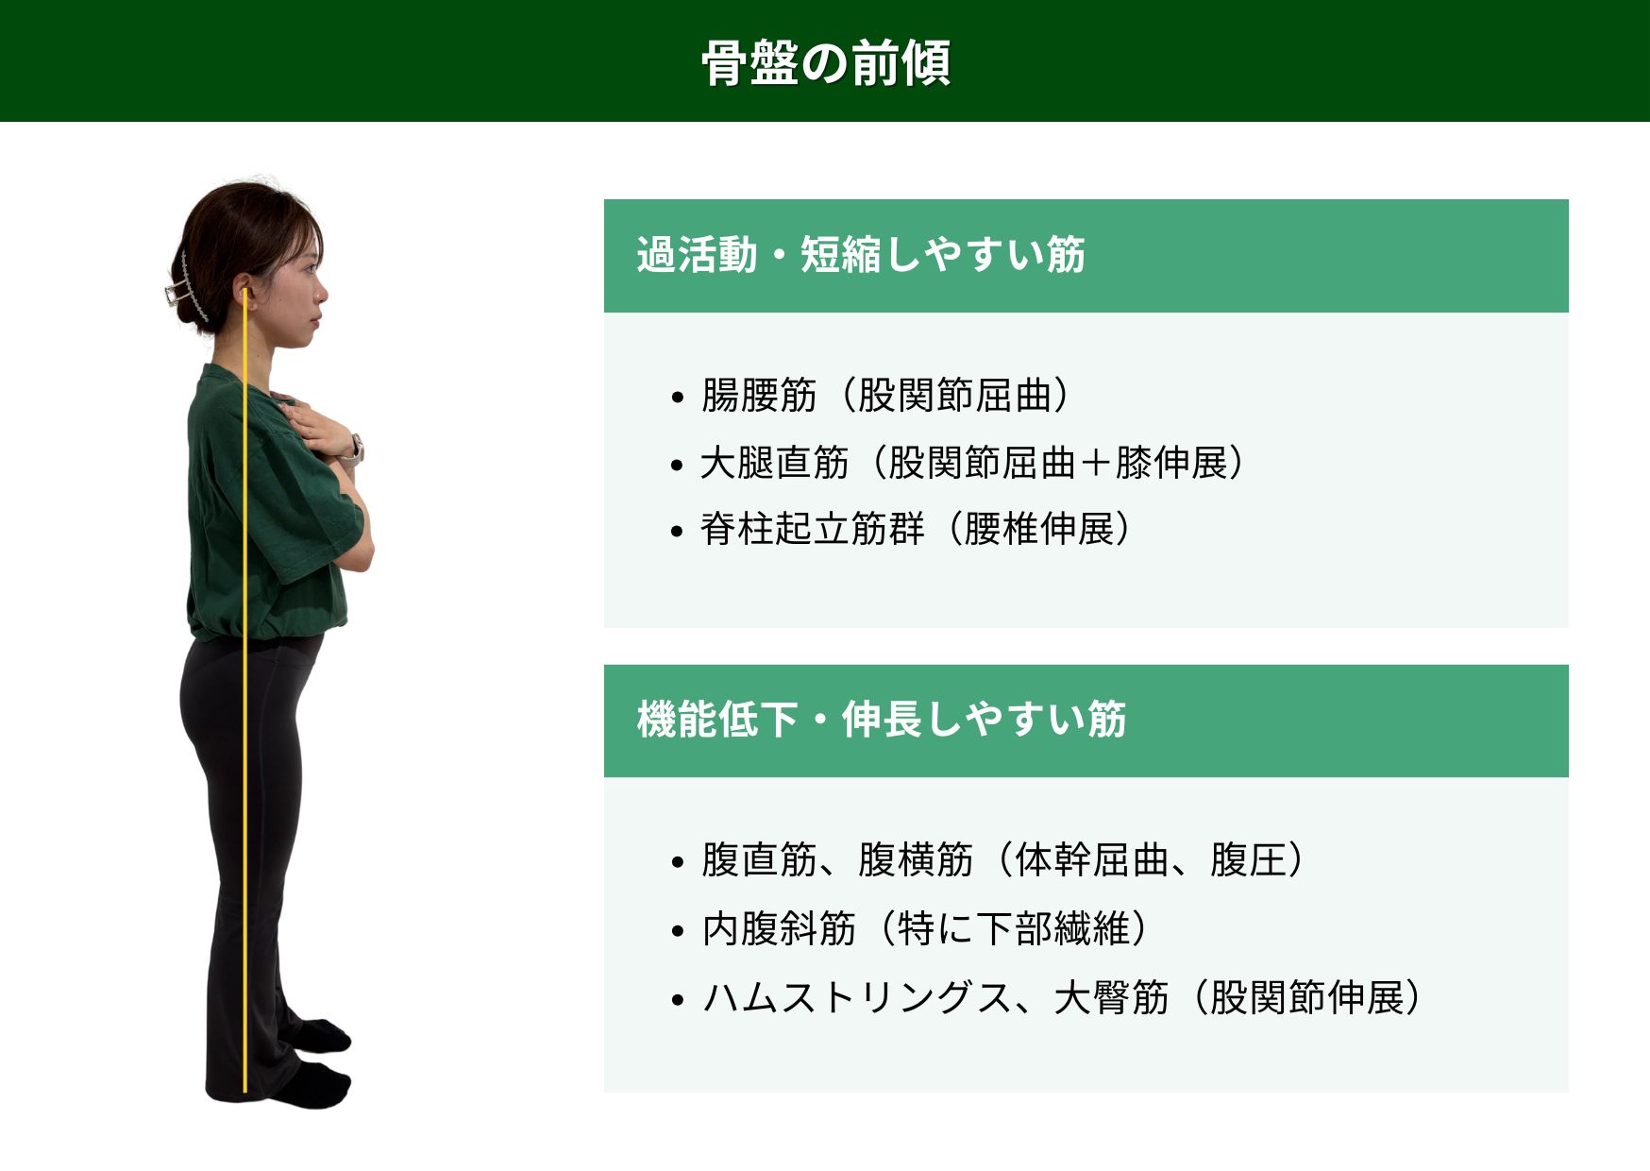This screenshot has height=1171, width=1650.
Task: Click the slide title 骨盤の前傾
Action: point(826,63)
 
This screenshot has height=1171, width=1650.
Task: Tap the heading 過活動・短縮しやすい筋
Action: point(861,255)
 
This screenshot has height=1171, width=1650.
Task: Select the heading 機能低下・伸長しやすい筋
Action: point(882,720)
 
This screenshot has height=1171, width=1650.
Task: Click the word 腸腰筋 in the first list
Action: point(759,396)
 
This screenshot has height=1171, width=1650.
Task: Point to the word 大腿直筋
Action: point(775,463)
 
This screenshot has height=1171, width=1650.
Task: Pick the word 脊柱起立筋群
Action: point(813,529)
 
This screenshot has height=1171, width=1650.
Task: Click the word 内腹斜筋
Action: point(779,928)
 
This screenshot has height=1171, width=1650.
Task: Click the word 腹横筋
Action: point(916,860)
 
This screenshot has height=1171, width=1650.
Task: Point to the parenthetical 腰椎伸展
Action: point(1039,529)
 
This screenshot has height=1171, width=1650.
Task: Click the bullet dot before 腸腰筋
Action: point(677,399)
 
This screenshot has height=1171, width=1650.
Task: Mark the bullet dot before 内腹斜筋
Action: point(677,931)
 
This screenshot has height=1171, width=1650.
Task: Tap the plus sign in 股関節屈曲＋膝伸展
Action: point(1095,464)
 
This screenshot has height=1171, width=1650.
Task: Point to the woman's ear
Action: point(241,289)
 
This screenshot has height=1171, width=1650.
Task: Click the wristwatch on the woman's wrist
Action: point(356,448)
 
